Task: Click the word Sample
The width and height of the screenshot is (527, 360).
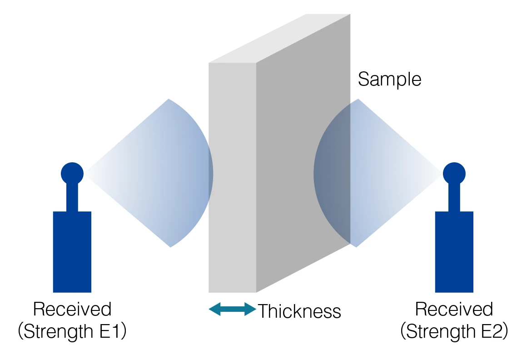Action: [389, 80]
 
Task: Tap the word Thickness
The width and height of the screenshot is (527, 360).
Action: [299, 311]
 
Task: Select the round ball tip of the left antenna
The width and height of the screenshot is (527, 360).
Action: [72, 174]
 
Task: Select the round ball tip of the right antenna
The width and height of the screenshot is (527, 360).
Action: [454, 174]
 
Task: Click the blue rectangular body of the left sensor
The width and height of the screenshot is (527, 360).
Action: [72, 252]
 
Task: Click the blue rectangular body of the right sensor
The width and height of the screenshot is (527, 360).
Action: [454, 252]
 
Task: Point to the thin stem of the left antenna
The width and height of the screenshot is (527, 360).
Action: [72, 198]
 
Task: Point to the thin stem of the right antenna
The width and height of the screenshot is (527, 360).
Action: [454, 198]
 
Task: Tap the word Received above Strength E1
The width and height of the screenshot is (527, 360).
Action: [72, 309]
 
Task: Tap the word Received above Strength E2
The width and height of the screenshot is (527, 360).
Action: [454, 309]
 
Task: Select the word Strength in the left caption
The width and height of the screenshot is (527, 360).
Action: [59, 332]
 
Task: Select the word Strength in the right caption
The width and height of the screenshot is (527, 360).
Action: [441, 332]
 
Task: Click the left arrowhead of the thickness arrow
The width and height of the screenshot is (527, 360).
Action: [215, 309]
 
